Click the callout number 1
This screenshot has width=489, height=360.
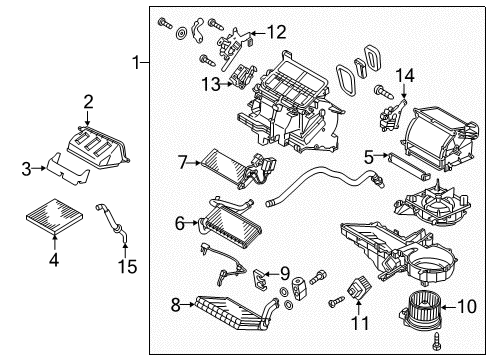pyautogui.click(x=136, y=63)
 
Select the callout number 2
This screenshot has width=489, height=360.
pyautogui.click(x=88, y=100)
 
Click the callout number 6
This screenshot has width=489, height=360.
pyautogui.click(x=179, y=223)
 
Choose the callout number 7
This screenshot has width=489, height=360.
pyautogui.click(x=182, y=160)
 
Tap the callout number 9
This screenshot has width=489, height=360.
pyautogui.click(x=284, y=271)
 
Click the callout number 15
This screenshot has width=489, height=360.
pyautogui.click(x=125, y=267)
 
